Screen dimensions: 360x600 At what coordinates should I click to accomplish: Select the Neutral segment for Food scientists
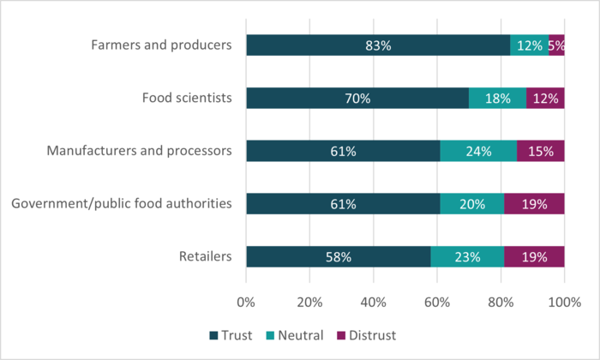[x=497, y=99]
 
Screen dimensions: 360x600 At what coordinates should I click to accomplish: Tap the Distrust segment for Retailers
[x=534, y=256]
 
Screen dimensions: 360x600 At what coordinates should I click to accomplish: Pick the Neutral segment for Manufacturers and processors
[x=478, y=152]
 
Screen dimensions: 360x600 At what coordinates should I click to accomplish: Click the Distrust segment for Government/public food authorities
[x=534, y=204]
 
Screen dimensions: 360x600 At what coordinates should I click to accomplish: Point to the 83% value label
[x=378, y=45]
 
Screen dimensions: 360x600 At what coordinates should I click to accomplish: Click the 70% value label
[x=357, y=99]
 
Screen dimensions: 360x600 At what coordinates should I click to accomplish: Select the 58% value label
[x=338, y=256]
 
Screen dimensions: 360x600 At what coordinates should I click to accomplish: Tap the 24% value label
[x=478, y=152]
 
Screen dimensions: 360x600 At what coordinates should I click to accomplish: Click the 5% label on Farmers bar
[x=556, y=45]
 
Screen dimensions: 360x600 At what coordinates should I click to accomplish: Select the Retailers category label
[x=205, y=256]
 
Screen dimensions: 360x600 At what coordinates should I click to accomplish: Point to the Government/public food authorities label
[x=120, y=204]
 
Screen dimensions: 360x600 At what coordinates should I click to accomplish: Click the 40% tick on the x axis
[x=373, y=302]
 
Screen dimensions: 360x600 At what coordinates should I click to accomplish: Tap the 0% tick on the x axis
[x=246, y=302]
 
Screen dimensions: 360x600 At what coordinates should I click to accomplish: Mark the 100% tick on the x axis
[x=564, y=302]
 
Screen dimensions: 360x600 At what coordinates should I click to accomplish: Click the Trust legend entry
[x=231, y=335]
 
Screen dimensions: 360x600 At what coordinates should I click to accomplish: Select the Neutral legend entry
[x=296, y=335]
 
